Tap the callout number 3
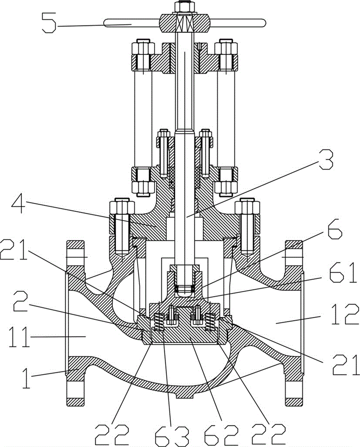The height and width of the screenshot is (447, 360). (x=325, y=159)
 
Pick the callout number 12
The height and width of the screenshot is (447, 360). (x=345, y=314)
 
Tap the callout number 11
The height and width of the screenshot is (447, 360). (x=19, y=337)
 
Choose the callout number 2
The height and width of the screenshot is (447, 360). (x=21, y=302)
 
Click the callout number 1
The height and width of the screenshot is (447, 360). (x=26, y=378)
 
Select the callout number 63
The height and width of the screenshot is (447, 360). (x=172, y=435)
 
